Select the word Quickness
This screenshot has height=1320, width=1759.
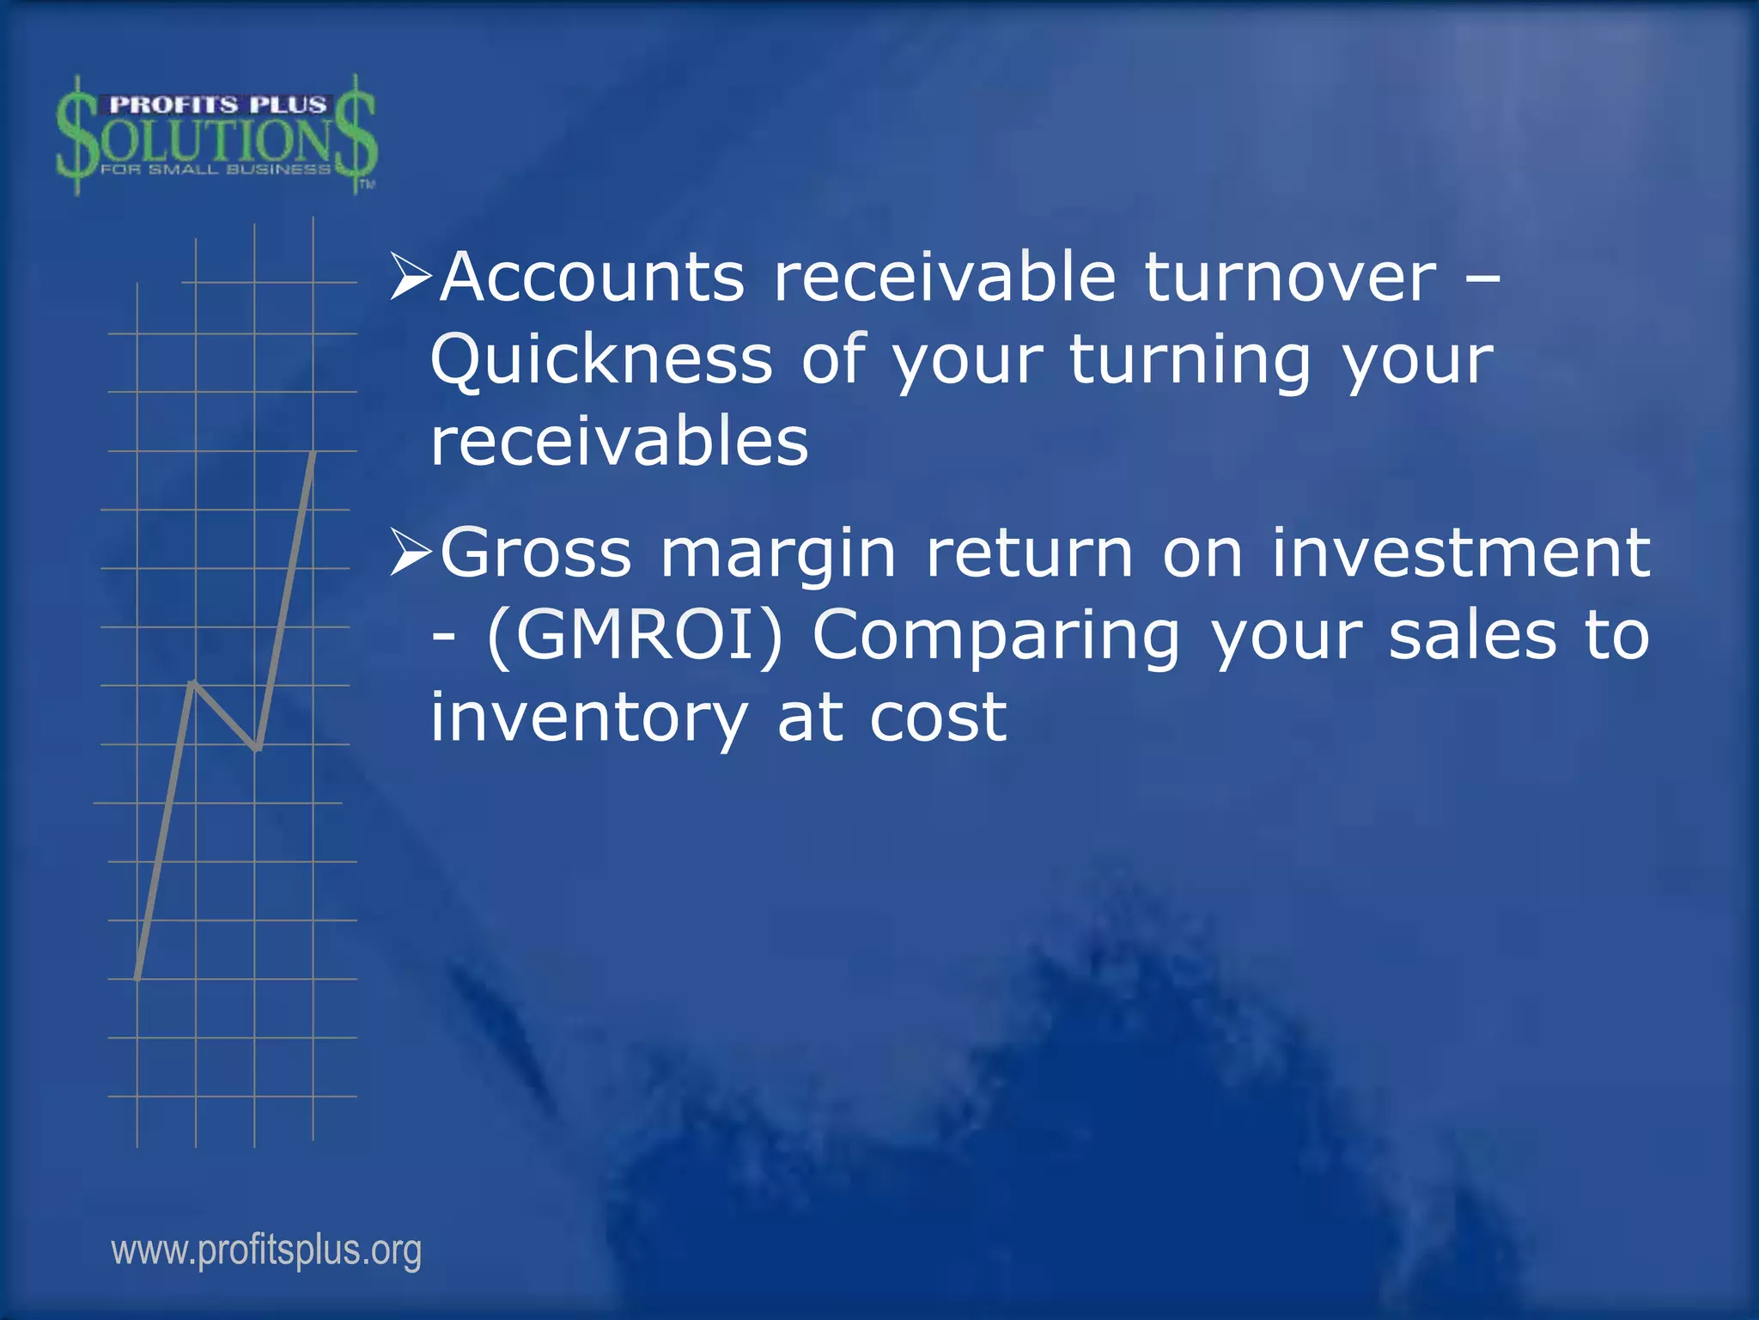(x=601, y=360)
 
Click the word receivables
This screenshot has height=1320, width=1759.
(x=619, y=442)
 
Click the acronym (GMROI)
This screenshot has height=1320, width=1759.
(x=635, y=635)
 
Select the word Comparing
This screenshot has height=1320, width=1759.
(x=996, y=637)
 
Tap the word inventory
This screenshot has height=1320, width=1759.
(x=589, y=718)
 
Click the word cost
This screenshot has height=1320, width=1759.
(x=937, y=718)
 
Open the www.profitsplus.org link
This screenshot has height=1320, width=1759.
(x=266, y=1250)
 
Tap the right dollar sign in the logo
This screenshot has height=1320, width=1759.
(x=356, y=133)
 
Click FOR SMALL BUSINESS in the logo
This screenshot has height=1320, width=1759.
(x=215, y=169)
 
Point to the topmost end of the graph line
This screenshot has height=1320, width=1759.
(x=314, y=453)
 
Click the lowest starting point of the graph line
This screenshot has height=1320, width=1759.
(x=137, y=977)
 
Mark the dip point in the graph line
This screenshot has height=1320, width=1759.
(x=257, y=749)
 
